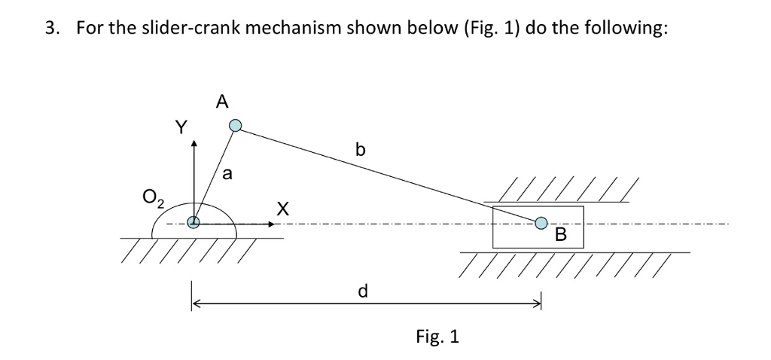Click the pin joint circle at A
236,126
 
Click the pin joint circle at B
541,223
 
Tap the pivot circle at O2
194,222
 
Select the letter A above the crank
221,102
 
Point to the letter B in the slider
559,235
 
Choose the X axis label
282,207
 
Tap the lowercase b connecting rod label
360,150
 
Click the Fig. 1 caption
437,336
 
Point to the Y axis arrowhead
194,142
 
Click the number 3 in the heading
50,29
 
